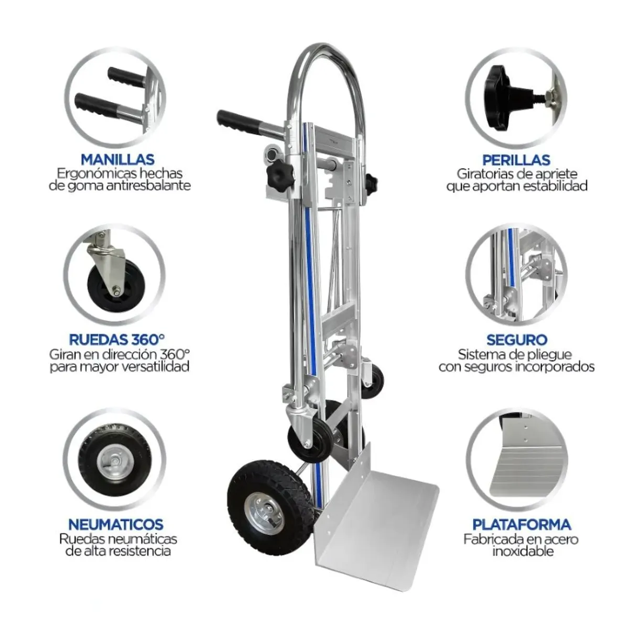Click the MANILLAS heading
click(x=117, y=159)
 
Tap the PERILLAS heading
click(x=516, y=159)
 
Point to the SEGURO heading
click(x=516, y=340)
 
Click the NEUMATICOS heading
click(x=116, y=524)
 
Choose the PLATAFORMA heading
click(x=522, y=524)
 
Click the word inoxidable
click(x=523, y=551)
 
